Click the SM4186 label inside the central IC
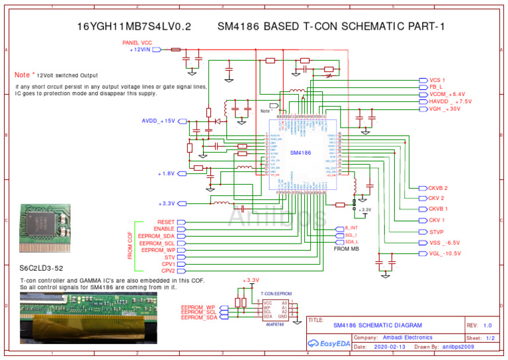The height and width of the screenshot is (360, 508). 300,153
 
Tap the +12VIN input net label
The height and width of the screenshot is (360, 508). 144,50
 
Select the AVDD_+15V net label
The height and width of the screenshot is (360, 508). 158,121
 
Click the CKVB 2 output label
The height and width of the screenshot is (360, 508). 438,188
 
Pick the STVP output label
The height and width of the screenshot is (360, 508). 436,232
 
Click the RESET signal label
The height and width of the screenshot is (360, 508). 166,222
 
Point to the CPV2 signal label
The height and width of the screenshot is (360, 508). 168,271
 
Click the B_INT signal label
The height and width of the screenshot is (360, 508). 351,228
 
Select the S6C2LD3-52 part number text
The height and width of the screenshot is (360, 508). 42,269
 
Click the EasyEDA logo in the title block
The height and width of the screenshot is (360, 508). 329,343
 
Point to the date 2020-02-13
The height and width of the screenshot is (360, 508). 389,346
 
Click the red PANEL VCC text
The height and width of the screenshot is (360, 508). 137,42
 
